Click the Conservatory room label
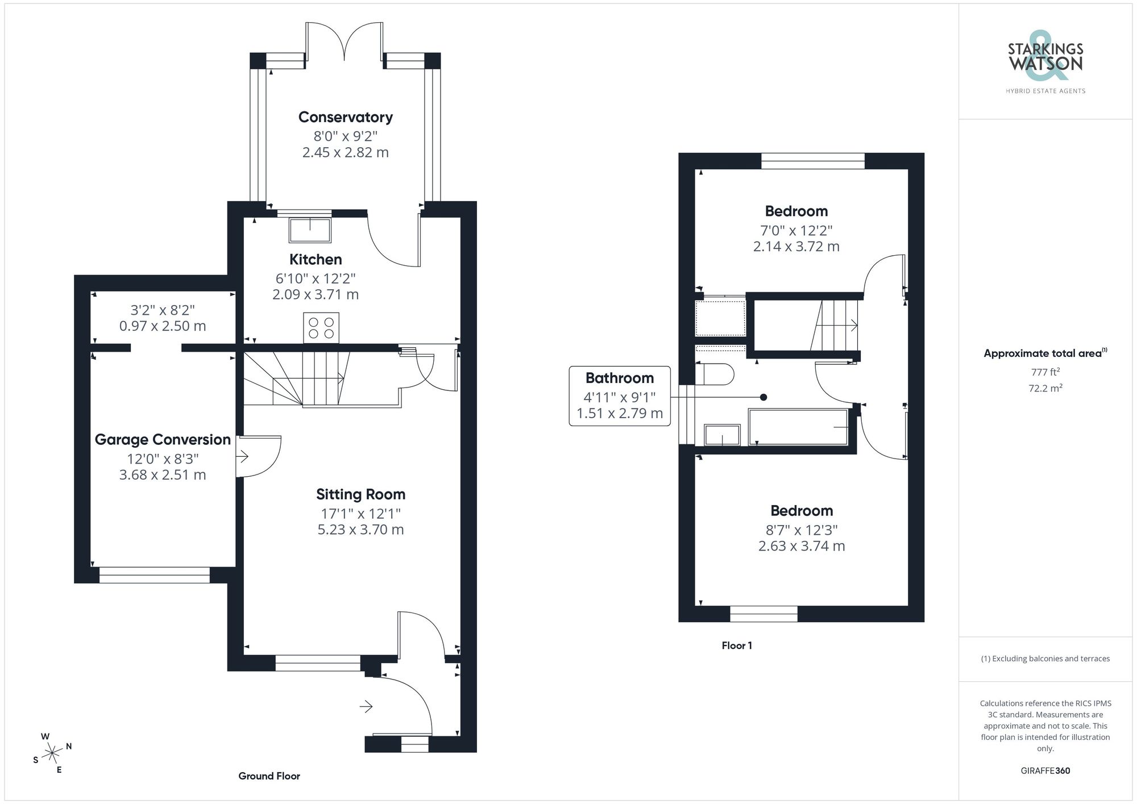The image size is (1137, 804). (346, 117)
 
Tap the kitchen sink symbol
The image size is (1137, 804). (310, 230)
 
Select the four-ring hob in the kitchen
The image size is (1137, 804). (321, 328)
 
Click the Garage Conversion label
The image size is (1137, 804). (163, 440)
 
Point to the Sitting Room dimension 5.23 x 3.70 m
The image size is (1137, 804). (360, 530)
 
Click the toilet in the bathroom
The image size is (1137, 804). (715, 374)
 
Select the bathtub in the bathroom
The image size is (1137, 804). (798, 427)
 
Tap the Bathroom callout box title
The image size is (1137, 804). (619, 378)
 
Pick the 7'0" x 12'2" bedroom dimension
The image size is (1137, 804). (796, 231)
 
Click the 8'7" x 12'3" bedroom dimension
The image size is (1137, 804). (802, 530)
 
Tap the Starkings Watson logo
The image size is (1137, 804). (1045, 63)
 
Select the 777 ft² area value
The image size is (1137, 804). (1045, 372)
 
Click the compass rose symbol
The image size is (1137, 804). (52, 753)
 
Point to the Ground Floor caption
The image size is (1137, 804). (269, 776)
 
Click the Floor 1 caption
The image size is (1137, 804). (737, 645)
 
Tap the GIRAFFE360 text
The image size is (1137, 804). (1045, 771)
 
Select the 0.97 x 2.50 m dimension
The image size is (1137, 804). (163, 326)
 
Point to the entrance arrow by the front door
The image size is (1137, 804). (366, 707)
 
